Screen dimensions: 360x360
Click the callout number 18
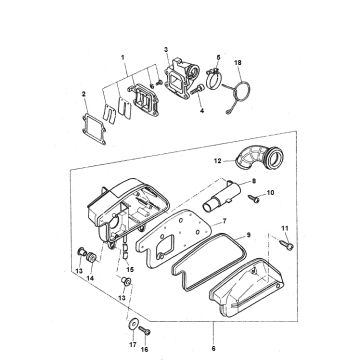[x=238, y=63]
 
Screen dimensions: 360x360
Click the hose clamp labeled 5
[x=212, y=79]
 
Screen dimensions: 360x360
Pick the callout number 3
[x=166, y=50]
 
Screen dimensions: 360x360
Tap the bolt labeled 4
[x=197, y=89]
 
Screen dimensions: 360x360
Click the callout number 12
[x=217, y=161]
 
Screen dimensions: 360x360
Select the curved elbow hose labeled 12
[x=260, y=159]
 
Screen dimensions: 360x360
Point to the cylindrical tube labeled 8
[x=221, y=196]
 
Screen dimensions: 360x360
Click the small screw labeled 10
[x=254, y=198]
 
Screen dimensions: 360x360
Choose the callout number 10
[x=270, y=192]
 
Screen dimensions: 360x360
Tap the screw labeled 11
[x=287, y=245]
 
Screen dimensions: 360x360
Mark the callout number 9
[x=248, y=235]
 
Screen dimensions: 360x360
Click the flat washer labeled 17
[x=133, y=324]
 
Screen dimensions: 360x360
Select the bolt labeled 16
[x=144, y=330]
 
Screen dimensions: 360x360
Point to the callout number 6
[x=213, y=349]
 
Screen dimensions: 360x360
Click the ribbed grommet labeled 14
[x=91, y=258]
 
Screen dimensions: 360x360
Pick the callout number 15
[x=130, y=269]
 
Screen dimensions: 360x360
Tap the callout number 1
[x=123, y=57]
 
